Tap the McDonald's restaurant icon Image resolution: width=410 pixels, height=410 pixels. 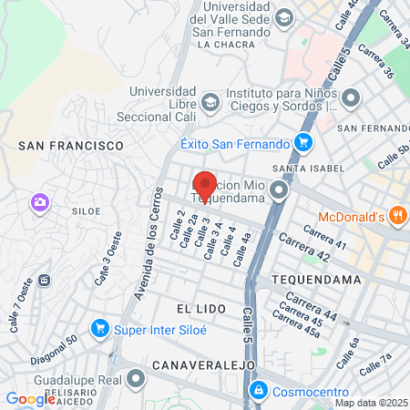click(x=397, y=216)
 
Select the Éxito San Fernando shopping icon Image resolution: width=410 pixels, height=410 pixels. click(x=303, y=142)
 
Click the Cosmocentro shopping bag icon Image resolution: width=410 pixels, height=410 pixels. click(x=259, y=389)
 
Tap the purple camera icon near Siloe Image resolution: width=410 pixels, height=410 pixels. click(x=39, y=202)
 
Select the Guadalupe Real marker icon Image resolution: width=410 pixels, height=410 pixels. click(x=137, y=376)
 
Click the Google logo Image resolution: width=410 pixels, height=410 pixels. click(x=30, y=398)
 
